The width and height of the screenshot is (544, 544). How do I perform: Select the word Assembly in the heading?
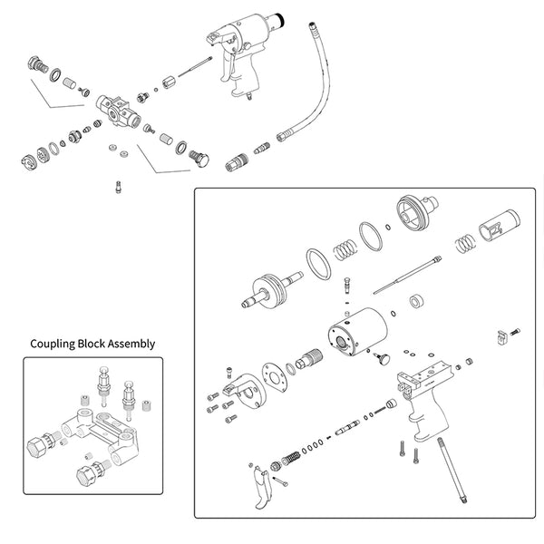(132, 345)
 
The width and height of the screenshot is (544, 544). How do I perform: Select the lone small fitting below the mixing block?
(117, 188)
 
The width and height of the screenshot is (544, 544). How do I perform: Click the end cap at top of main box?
(419, 216)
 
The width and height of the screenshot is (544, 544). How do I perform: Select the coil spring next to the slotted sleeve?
(463, 243)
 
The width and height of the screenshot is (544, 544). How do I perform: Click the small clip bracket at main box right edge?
(501, 337)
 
